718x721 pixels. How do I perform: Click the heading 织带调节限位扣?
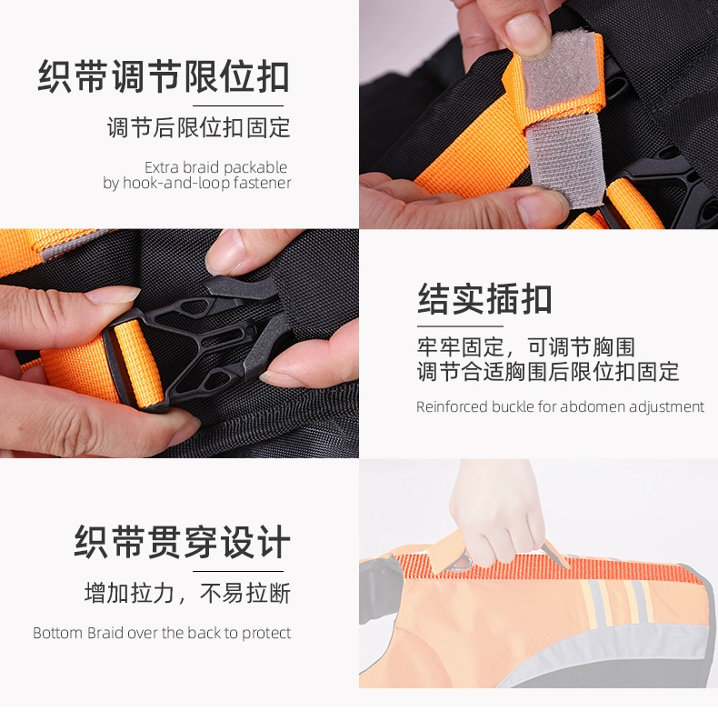tap(164, 76)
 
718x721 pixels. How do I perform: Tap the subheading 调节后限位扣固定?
tap(198, 127)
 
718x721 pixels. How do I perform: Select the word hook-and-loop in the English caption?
tap(176, 183)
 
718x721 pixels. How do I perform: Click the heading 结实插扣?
tap(484, 299)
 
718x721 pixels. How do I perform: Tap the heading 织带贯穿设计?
tap(183, 542)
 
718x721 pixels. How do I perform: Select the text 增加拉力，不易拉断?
tap(187, 593)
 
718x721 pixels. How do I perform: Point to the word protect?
tap(266, 634)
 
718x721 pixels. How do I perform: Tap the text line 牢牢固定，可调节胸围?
tap(526, 347)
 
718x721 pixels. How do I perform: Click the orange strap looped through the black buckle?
tap(138, 363)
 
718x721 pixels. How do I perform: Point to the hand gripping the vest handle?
tap(496, 509)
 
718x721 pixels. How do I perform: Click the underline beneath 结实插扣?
tap(460, 326)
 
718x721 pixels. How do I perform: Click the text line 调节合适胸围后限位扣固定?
tap(548, 372)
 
